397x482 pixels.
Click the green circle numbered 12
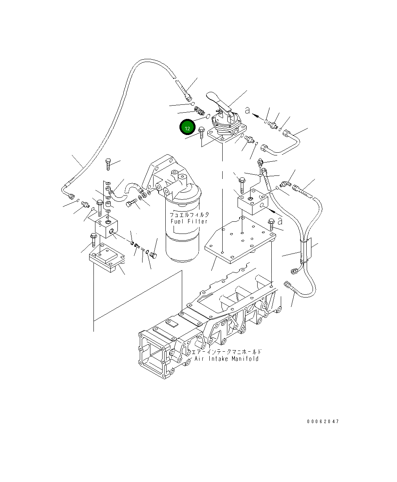pyautogui.click(x=187, y=128)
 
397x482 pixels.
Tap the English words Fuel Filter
pyautogui.click(x=189, y=221)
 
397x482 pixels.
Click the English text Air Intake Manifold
pyautogui.click(x=227, y=359)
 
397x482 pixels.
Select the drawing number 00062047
pyautogui.click(x=323, y=422)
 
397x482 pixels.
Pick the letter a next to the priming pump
pyautogui.click(x=247, y=110)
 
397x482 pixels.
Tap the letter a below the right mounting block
pyautogui.click(x=280, y=221)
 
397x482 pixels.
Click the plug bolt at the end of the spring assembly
pyautogui.click(x=153, y=256)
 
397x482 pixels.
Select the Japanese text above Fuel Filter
pyautogui.click(x=189, y=215)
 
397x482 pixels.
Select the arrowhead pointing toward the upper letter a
pyautogui.click(x=255, y=116)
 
